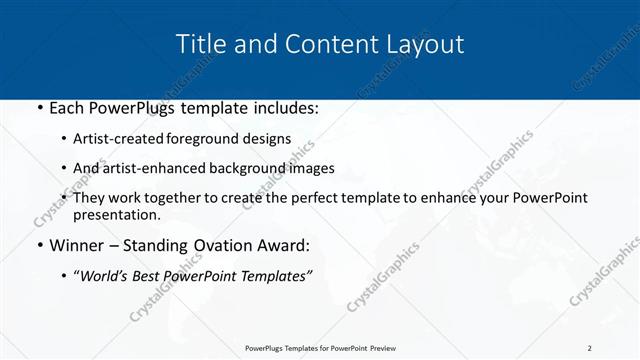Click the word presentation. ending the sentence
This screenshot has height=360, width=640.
pos(117,215)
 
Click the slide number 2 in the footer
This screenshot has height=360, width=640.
pos(590,347)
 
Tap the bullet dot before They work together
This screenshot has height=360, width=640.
pos(66,198)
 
